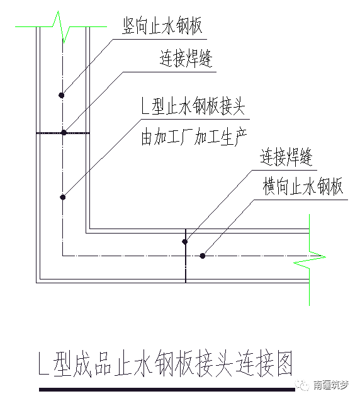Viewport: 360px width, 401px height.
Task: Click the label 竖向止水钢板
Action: coord(162,26)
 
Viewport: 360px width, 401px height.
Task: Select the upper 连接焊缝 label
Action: coord(186,58)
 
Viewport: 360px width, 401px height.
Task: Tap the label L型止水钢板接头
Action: coord(193,105)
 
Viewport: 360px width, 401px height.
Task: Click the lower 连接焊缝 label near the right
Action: coord(286,157)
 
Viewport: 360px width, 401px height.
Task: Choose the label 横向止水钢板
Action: coord(303,186)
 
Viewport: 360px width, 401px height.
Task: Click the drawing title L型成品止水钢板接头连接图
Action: coord(166,364)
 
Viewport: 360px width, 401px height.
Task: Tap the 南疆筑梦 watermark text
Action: coord(331,385)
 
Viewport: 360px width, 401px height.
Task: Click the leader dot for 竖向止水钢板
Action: coord(62,96)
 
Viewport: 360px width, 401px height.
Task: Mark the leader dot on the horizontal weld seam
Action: coord(64,132)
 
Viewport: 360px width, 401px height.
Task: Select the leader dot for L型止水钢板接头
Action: coord(63,197)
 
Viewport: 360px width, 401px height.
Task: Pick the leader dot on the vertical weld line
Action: coord(184,242)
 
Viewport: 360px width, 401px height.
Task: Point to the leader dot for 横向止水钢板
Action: coord(203,256)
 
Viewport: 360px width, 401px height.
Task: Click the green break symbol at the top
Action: coord(61,26)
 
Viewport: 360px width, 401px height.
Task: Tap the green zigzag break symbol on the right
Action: coord(310,259)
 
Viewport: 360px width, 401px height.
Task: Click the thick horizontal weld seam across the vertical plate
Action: coord(63,133)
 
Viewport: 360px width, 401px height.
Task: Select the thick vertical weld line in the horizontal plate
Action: coord(186,256)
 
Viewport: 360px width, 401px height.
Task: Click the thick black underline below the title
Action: coord(167,390)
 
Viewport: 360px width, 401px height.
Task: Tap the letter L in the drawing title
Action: coord(43,364)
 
